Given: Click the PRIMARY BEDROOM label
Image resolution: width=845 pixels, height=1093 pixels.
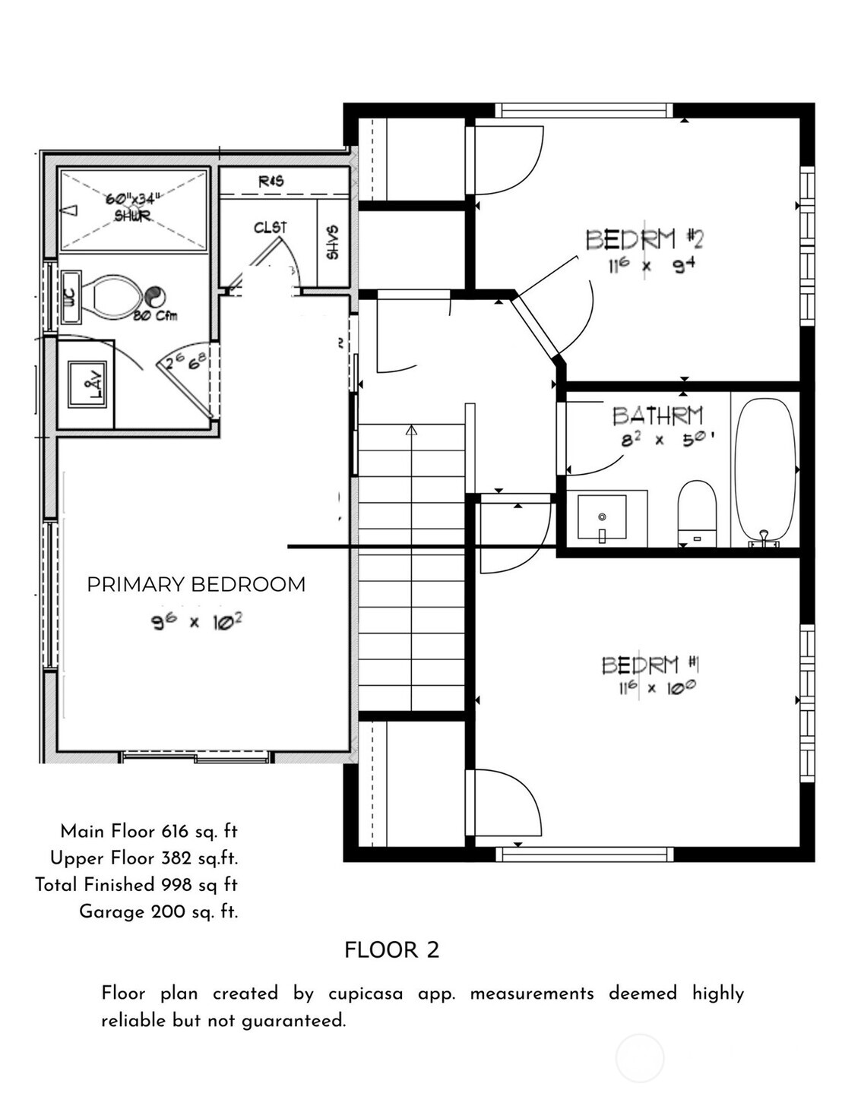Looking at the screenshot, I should tap(196, 584).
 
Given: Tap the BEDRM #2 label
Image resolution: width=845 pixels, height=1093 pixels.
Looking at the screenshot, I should tap(644, 239).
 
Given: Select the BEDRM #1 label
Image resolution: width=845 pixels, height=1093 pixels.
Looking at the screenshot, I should tap(650, 665).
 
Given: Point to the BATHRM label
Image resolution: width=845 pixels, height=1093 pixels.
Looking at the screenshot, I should tap(657, 415).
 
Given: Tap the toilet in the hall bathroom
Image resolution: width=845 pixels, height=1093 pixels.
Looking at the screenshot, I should tap(697, 512).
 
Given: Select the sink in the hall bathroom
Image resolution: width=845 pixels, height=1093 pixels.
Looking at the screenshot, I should tap(602, 519).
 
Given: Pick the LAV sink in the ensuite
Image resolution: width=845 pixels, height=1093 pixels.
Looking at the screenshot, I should tap(87, 384).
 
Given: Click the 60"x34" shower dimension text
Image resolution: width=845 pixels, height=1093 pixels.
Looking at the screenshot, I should tap(133, 199).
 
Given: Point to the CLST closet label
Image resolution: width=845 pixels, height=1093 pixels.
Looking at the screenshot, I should tap(271, 228).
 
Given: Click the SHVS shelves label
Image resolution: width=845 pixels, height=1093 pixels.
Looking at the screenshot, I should tap(333, 242).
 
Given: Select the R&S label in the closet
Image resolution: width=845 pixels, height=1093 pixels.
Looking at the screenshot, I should tap(271, 182).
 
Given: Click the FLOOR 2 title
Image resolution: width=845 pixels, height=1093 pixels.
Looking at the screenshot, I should tap(391, 950).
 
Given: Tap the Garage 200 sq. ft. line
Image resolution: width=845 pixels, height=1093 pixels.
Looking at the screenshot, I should tap(158, 911).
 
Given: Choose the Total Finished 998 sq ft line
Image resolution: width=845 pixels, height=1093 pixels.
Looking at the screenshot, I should tap(137, 885).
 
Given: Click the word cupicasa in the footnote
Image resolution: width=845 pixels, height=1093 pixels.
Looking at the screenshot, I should tap(366, 993).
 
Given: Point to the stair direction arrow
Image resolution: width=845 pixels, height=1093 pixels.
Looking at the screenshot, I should tap(412, 431).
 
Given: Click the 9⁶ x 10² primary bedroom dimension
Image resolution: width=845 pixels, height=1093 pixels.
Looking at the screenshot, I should tap(196, 622).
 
